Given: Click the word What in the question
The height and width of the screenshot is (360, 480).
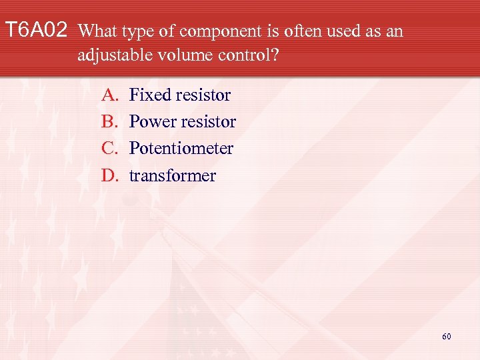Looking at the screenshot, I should point(98,31).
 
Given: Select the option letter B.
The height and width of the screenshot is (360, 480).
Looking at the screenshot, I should point(109,121).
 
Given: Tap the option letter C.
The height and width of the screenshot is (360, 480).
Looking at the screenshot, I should point(109,148).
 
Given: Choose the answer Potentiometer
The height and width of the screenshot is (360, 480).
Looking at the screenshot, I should point(181,148).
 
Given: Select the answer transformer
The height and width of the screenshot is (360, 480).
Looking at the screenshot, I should point(172,175).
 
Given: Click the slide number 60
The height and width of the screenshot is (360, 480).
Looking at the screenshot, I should point(446,337).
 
